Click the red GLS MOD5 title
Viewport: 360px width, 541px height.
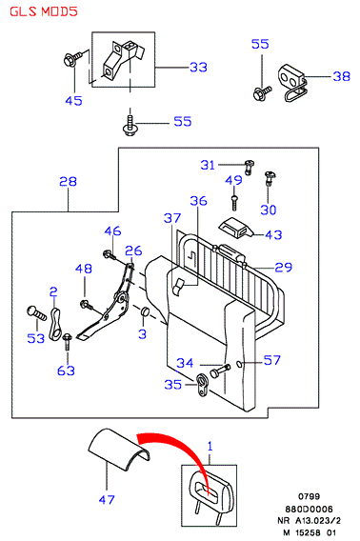[44, 11]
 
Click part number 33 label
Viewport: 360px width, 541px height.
[198, 67]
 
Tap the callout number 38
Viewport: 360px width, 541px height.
[341, 76]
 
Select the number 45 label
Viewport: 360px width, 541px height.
[74, 101]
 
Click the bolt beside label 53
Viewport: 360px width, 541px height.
[36, 312]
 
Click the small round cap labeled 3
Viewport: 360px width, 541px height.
[144, 311]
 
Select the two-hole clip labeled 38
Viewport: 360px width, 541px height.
[292, 82]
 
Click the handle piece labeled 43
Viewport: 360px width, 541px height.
[236, 228]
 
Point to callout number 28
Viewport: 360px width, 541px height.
[68, 182]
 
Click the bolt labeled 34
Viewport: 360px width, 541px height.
[220, 371]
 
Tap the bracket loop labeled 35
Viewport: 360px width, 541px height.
[201, 385]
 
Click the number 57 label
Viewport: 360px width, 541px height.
[272, 360]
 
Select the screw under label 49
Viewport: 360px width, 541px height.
[234, 203]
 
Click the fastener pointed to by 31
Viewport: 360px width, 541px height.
[249, 167]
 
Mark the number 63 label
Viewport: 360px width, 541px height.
[66, 371]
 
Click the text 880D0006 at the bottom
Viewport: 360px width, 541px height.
[309, 509]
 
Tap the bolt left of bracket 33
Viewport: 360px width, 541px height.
[72, 59]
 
